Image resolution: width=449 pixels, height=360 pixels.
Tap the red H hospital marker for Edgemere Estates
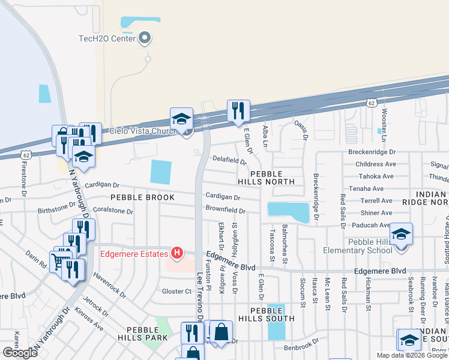[x=176, y=253]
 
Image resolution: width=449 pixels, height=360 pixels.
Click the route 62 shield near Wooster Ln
[x=372, y=103]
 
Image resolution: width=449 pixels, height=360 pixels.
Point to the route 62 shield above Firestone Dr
[x=25, y=154]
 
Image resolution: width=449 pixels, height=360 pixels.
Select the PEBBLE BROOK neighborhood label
[x=142, y=197]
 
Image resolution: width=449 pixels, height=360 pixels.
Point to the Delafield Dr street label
[x=229, y=160]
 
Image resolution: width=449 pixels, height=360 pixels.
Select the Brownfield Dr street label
[x=225, y=211]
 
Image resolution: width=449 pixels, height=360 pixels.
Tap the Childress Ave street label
[x=376, y=164]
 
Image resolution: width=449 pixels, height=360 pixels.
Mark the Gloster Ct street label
[x=176, y=291]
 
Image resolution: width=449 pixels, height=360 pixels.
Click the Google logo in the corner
[x=20, y=353]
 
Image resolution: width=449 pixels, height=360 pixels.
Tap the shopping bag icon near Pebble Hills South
[x=221, y=332]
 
